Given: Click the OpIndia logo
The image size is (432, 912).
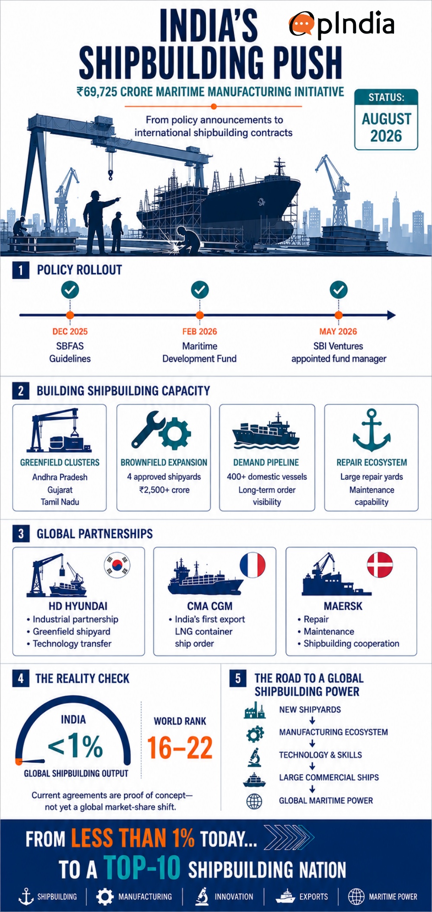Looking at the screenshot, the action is (342, 23).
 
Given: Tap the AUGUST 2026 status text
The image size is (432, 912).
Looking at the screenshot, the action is (386, 127).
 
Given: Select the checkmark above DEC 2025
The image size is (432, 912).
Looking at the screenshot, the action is (70, 290).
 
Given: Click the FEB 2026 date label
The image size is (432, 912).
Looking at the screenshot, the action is (200, 331).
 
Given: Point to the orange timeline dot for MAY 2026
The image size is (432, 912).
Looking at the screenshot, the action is (339, 315).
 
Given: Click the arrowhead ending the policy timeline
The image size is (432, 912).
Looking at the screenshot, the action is (391, 315).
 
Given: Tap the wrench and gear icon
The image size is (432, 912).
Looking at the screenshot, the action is (161, 430).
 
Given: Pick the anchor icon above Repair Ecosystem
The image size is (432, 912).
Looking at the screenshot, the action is (372, 430).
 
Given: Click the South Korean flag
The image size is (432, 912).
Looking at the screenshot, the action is (117, 565).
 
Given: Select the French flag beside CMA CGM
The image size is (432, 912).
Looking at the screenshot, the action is (253, 565).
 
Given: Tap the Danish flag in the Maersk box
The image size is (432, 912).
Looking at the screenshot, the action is (380, 565).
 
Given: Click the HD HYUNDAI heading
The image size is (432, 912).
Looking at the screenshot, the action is (78, 606).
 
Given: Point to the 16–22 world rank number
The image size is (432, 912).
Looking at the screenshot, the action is (180, 748).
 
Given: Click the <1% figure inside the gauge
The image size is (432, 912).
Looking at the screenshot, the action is (75, 745).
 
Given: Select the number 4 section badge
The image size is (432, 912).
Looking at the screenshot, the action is (21, 678).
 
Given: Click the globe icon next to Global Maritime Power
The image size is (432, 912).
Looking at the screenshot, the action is (254, 801).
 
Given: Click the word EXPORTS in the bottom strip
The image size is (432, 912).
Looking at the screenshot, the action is (314, 896).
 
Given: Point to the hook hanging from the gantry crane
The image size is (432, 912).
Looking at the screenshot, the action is (110, 174).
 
